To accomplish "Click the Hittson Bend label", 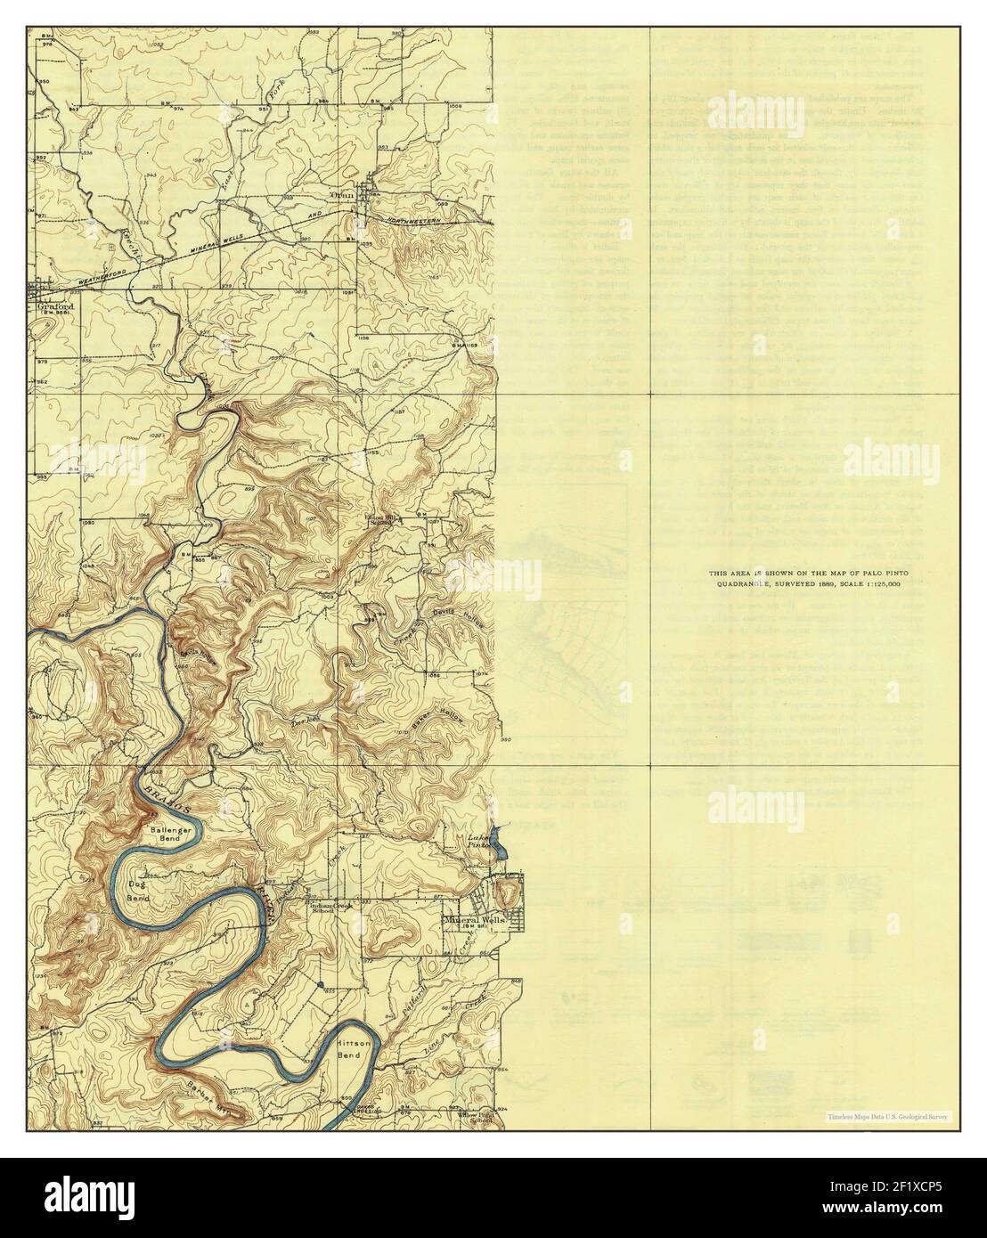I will (354, 1048).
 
